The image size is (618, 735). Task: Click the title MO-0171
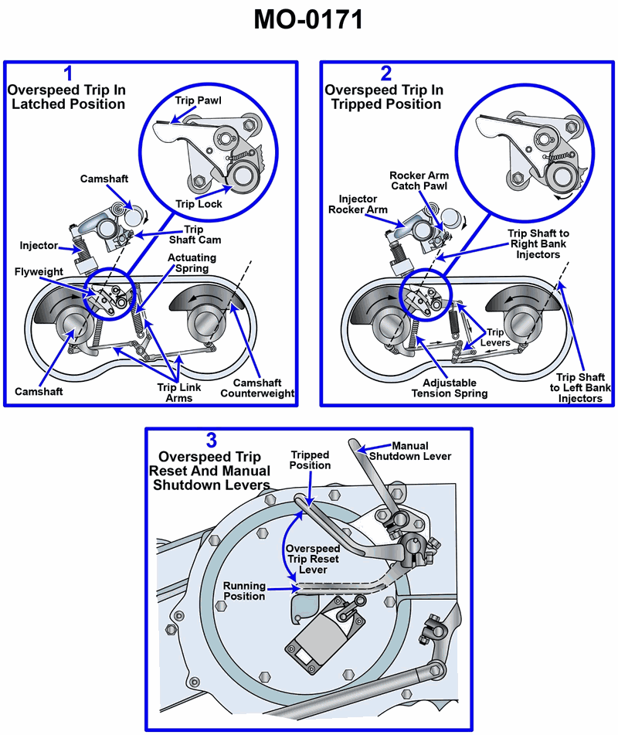tap(308, 20)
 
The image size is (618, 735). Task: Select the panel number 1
tap(69, 74)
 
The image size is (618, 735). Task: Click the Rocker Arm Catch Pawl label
tap(419, 181)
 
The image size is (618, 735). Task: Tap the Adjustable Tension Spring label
tap(450, 387)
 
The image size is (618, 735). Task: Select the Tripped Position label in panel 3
tap(310, 460)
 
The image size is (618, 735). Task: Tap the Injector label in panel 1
tap(39, 245)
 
